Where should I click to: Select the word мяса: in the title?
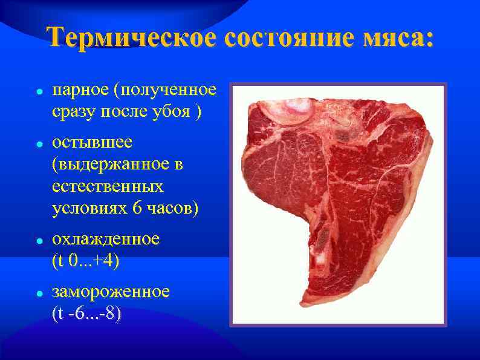click(399, 38)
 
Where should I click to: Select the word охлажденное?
click(106, 239)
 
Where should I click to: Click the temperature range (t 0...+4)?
click(86, 261)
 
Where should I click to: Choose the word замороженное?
click(111, 292)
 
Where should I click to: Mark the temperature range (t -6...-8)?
click(86, 313)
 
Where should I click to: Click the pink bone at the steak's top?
click(293, 108)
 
